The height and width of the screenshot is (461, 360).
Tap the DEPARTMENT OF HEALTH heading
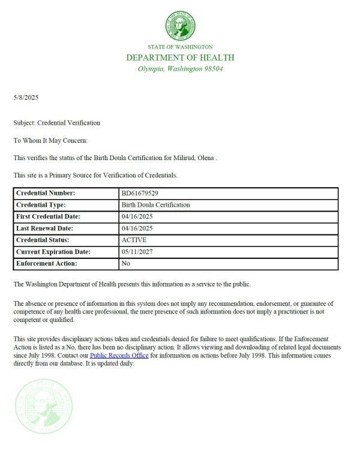[180, 58]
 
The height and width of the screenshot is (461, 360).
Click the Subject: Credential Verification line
[56, 123]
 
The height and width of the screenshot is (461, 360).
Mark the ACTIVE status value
[133, 240]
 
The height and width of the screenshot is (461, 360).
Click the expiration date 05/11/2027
[135, 252]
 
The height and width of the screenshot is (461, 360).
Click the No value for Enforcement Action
[125, 263]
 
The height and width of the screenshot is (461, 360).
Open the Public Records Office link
[119, 355]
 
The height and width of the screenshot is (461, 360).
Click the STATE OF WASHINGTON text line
[180, 47]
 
